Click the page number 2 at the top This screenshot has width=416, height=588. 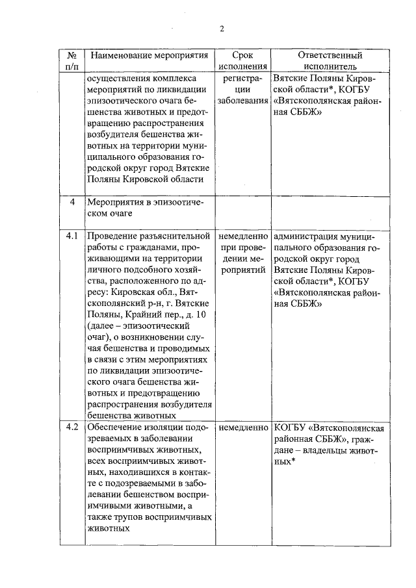[x=221, y=29]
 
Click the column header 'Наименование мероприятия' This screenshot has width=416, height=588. [x=148, y=55]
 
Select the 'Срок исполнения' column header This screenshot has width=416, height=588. [x=242, y=60]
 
